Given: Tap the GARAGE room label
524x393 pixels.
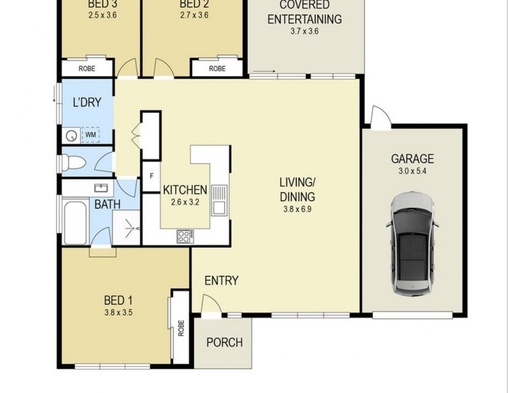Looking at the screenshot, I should coord(412,159).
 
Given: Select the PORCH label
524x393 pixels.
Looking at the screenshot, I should coord(225,342).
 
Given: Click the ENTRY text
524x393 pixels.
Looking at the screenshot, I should coord(221,281).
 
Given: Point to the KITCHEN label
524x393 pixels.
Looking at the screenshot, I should coord(185,191).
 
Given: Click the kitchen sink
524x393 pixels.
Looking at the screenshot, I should coord(219,200).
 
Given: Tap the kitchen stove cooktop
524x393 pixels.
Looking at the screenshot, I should coord(184,236).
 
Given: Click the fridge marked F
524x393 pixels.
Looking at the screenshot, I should coord(151,176).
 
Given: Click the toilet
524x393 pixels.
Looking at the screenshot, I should coord(73,162).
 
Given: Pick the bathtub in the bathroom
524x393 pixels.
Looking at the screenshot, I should coord(76,221).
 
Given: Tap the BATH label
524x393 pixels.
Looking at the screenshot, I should coord(107,204).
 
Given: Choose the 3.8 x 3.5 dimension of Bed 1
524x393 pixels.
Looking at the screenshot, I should coord(119,312).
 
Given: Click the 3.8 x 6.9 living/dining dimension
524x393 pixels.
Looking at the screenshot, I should coord(297,210).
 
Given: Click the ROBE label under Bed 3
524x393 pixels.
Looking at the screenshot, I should coord(86,68).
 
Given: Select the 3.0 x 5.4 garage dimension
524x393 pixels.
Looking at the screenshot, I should coord(412,172).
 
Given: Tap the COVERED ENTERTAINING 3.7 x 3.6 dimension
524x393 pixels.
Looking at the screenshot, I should coord(303,31).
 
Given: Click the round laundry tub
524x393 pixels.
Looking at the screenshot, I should coord(71,136).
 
